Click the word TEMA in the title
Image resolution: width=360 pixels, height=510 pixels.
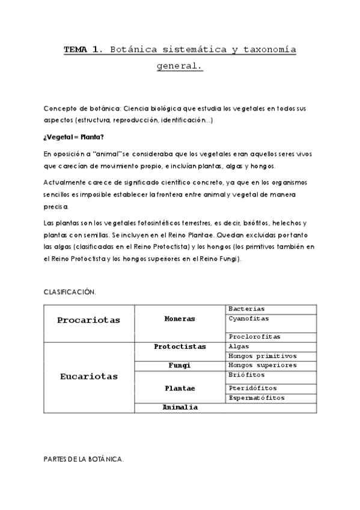pyautogui.click(x=76, y=51)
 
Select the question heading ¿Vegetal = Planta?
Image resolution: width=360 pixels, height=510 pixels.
pyautogui.click(x=73, y=137)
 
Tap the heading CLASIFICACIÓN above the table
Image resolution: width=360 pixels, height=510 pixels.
pyautogui.click(x=70, y=292)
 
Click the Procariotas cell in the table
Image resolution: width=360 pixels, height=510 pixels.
pyautogui.click(x=88, y=320)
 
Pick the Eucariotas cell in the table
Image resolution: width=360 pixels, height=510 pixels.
pyautogui.click(x=88, y=376)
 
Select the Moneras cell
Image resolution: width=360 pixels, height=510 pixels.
pyautogui.click(x=180, y=319)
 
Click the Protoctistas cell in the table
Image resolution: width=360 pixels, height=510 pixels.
pyautogui.click(x=180, y=346)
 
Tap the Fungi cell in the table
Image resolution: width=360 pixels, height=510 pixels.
pyautogui.click(x=180, y=365)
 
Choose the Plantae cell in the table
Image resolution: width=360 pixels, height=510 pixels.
pyautogui.click(x=180, y=388)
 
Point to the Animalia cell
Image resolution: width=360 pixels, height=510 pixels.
pyautogui.click(x=180, y=407)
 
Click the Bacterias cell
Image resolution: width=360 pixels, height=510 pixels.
pyautogui.click(x=246, y=309)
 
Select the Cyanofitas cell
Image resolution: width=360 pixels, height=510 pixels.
pyautogui.click(x=249, y=318)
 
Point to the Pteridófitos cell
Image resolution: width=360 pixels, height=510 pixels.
pyautogui.click(x=252, y=388)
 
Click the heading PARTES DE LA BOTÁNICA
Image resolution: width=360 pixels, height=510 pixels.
pyautogui.click(x=84, y=459)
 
